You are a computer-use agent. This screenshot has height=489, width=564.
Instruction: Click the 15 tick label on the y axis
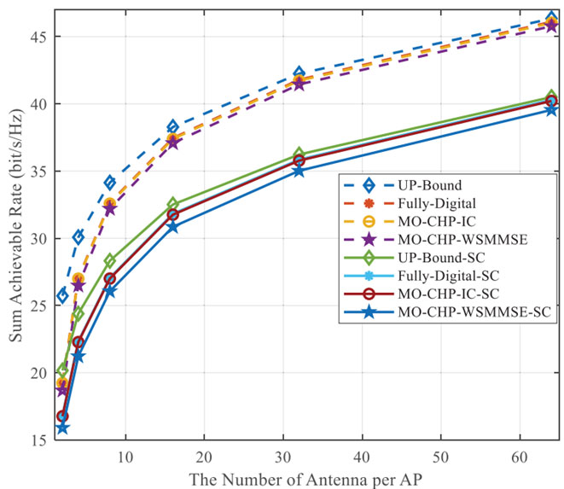(x=39, y=440)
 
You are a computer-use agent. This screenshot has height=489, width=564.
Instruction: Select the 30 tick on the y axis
(x=39, y=238)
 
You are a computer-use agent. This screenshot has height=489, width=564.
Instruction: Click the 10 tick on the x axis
(x=125, y=458)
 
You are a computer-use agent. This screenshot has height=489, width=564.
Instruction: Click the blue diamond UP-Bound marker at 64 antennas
(x=551, y=19)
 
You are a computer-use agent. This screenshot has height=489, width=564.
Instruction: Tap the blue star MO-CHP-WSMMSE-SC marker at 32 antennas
(x=299, y=171)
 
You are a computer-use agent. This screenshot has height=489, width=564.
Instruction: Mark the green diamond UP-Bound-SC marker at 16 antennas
(x=172, y=205)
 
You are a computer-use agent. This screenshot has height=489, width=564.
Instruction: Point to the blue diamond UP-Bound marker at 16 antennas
(x=172, y=127)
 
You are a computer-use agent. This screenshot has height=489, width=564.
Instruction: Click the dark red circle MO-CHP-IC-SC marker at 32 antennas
(x=299, y=160)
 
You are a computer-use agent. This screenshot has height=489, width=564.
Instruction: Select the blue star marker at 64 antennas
(x=551, y=109)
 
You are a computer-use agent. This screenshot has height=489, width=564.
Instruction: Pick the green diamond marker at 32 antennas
(x=299, y=154)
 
